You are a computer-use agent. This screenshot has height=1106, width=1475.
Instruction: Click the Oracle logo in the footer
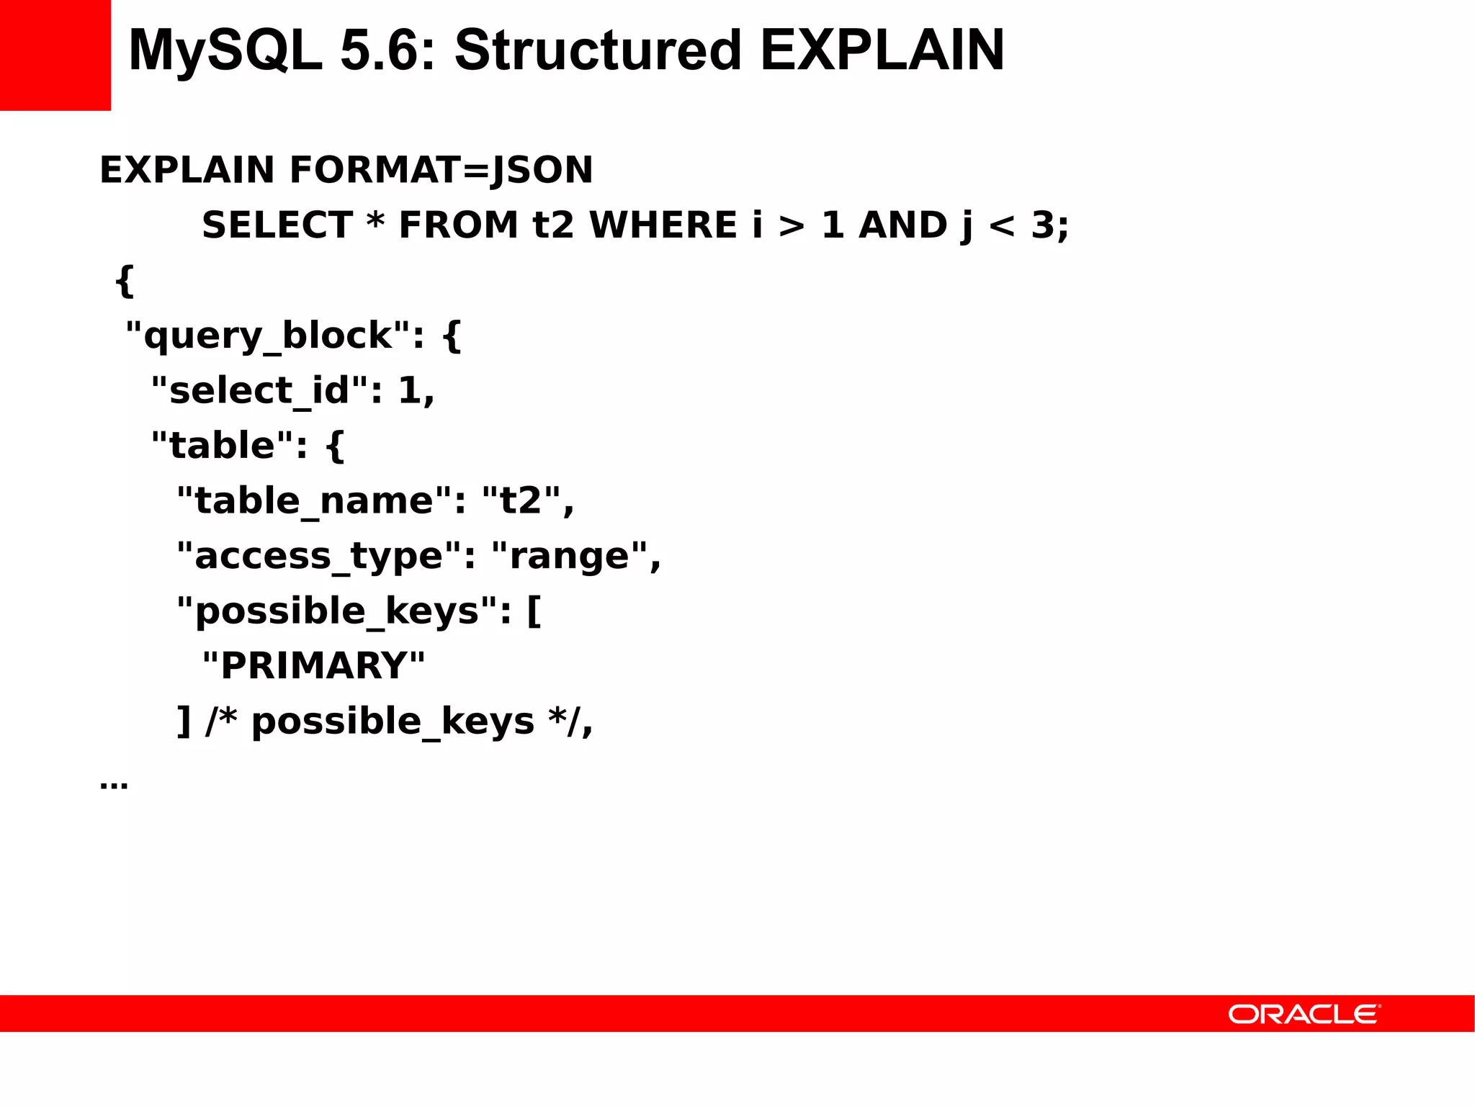pyautogui.click(x=1304, y=1015)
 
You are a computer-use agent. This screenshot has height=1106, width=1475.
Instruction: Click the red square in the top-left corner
pyautogui.click(x=55, y=55)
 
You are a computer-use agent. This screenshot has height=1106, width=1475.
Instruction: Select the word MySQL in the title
pyautogui.click(x=225, y=50)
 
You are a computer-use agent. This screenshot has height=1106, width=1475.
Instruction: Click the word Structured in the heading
pyautogui.click(x=598, y=50)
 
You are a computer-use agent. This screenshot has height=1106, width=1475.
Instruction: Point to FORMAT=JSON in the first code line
pyautogui.click(x=441, y=170)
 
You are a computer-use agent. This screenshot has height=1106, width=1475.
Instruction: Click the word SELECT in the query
pyautogui.click(x=277, y=225)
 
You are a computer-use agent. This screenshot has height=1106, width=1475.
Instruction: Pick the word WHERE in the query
pyautogui.click(x=663, y=225)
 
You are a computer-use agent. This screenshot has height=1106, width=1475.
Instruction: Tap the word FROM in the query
pyautogui.click(x=459, y=225)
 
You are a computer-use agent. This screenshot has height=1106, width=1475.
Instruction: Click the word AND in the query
pyautogui.click(x=903, y=225)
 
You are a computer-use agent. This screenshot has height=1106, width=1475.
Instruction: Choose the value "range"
pyautogui.click(x=569, y=557)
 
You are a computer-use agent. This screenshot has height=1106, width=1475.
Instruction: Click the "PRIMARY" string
pyautogui.click(x=313, y=666)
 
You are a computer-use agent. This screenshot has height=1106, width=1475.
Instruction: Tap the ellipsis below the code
pyautogui.click(x=114, y=783)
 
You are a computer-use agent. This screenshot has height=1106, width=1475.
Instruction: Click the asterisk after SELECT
pyautogui.click(x=375, y=220)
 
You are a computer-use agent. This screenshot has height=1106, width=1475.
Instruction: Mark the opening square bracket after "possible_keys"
pyautogui.click(x=534, y=611)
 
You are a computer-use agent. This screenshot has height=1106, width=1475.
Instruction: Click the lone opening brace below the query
pyautogui.click(x=125, y=281)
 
